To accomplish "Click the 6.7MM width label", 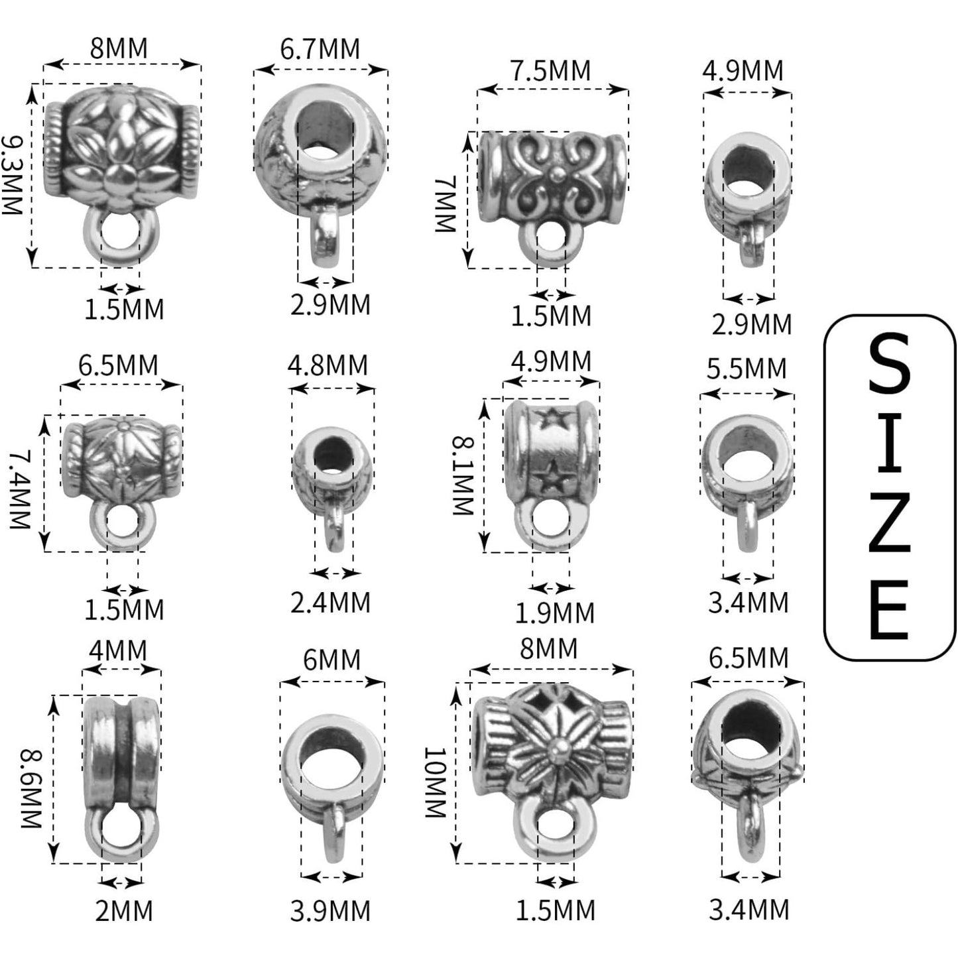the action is point(320,49).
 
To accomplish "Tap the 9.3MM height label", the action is point(12,175).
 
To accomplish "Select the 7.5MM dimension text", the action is point(551,70).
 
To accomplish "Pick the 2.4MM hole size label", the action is point(330,602).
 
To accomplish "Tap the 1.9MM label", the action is point(554,613).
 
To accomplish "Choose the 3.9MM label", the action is point(330,911).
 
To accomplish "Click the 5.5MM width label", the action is point(747,369).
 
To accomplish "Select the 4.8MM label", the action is point(328,365).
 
